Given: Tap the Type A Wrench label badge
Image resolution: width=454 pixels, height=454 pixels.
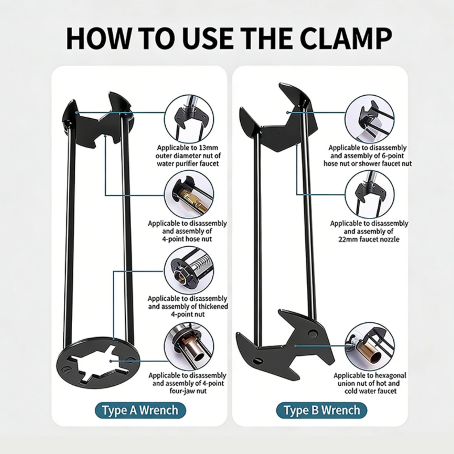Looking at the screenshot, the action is pos(140,410).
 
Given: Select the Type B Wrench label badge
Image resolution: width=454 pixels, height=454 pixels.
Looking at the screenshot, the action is pos(322,410).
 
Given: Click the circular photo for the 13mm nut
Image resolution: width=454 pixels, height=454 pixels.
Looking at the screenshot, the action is pos(189,119).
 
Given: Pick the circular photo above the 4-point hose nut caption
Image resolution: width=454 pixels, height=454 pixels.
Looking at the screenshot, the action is pos(189,195).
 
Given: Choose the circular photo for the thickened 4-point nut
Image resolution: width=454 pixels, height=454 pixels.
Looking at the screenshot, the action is pos(189,271).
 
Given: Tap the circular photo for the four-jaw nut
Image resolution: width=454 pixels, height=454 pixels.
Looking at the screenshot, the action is pos(189,347).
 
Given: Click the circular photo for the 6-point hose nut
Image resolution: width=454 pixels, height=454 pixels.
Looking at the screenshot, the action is pos(370,119).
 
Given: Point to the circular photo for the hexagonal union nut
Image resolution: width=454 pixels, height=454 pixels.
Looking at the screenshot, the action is pos(370,347).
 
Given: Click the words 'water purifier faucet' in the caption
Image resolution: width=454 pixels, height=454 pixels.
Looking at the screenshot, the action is pos(188,164).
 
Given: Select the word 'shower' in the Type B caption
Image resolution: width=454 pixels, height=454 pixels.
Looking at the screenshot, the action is pos(375,164).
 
